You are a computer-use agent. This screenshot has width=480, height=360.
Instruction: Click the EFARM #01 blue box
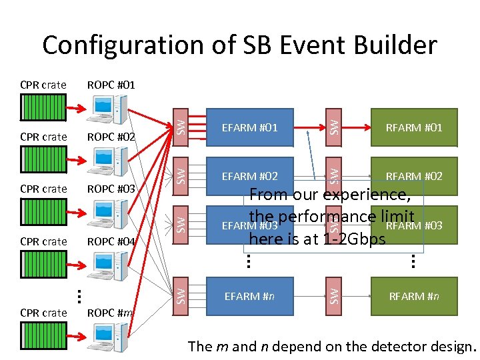[249, 127]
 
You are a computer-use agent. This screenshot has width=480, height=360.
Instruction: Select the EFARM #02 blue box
[249, 176]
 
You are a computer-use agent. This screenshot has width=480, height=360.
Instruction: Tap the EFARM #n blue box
[249, 296]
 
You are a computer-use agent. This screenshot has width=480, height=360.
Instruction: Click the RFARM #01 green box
[414, 127]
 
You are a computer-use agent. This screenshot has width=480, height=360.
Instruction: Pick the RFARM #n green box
[414, 296]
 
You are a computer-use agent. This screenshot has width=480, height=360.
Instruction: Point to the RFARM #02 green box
[414, 176]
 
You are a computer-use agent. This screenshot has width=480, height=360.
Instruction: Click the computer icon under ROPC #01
[109, 107]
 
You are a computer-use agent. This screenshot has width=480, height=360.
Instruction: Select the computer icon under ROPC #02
[109, 159]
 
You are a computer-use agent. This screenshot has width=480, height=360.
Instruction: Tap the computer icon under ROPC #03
[109, 212]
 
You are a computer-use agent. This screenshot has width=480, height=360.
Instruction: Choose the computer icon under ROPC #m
[109, 336]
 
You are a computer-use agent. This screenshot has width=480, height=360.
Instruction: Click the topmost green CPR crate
[43, 107]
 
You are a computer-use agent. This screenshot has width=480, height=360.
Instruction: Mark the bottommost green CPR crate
[43, 335]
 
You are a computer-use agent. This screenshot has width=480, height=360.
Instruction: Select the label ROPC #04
[111, 241]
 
